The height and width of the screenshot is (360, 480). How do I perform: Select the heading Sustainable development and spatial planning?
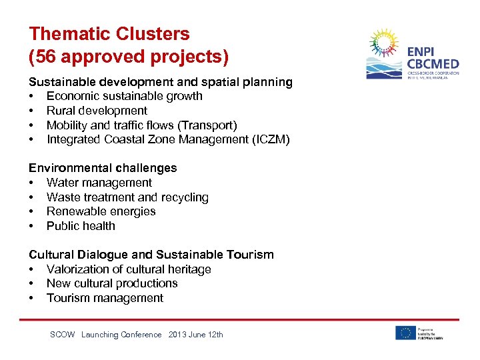[x=160, y=82]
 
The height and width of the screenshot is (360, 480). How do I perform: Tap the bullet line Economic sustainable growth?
[x=124, y=96]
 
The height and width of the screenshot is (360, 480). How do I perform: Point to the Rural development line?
[x=97, y=111]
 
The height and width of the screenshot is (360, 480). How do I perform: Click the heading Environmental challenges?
[x=102, y=168]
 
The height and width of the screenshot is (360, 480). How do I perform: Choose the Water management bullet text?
[x=99, y=183]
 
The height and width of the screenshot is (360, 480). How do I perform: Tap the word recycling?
[x=183, y=197]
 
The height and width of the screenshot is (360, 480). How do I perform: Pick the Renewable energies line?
[x=101, y=211]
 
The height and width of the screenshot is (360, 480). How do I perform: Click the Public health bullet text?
[x=81, y=226]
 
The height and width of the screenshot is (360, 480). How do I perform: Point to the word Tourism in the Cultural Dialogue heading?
[x=249, y=255]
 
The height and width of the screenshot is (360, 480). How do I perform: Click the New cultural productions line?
[x=112, y=283]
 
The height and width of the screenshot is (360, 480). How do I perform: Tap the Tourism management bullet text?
[x=105, y=298]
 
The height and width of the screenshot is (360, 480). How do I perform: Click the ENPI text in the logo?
[x=421, y=52]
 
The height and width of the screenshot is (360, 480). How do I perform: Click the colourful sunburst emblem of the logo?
[x=383, y=45]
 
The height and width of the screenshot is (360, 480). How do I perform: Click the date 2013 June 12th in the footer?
[x=196, y=335]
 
